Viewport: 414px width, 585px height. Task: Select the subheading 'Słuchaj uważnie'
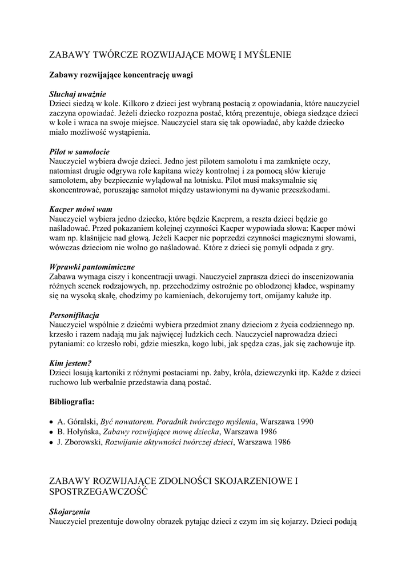point(78,94)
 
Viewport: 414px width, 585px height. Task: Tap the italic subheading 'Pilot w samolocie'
point(80,153)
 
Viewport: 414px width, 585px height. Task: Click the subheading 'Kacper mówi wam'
point(81,210)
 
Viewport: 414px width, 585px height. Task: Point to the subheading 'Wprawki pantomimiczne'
point(92,267)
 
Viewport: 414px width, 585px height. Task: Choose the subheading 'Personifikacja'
point(75,315)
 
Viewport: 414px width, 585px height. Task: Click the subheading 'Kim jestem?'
point(71,363)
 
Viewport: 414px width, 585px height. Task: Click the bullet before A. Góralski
point(51,422)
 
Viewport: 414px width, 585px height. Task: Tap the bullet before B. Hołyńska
point(51,432)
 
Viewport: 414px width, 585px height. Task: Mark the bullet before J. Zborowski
point(51,442)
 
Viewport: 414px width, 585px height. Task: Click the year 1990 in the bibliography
point(304,422)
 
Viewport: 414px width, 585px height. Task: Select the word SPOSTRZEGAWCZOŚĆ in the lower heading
point(98,491)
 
